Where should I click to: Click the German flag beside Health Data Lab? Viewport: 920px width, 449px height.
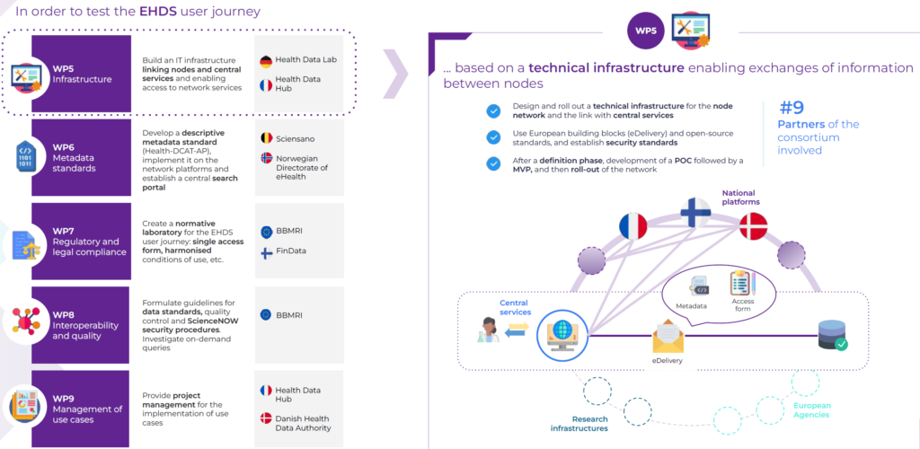(x=265, y=62)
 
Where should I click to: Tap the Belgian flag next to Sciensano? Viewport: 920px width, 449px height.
(x=265, y=138)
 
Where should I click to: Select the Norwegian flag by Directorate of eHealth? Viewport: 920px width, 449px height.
(x=265, y=158)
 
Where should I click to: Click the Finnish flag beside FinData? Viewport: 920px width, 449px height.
(x=265, y=252)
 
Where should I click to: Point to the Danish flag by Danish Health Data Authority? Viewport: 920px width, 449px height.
(x=265, y=418)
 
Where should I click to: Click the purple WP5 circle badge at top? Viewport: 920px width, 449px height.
(x=646, y=31)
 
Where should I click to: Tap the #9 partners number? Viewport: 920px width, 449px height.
(x=792, y=107)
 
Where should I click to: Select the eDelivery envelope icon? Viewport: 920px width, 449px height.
(x=668, y=336)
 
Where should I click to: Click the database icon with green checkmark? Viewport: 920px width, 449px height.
(x=827, y=333)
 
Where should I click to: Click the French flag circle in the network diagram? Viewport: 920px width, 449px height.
(x=632, y=226)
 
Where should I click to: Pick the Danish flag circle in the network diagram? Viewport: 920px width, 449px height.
(x=753, y=225)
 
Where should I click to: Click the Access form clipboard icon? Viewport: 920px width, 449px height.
(x=742, y=284)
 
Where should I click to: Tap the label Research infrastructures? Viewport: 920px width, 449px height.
(x=579, y=424)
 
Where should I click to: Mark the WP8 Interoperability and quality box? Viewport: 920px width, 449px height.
(x=81, y=325)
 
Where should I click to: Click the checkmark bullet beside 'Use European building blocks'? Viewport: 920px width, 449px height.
(x=493, y=137)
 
